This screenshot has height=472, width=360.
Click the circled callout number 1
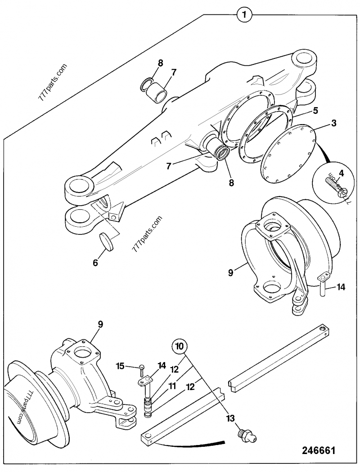pos(244,15)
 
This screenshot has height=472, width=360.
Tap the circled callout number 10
pos(180,346)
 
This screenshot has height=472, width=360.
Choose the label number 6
pos(95,262)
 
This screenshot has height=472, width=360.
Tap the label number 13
pos(230,419)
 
